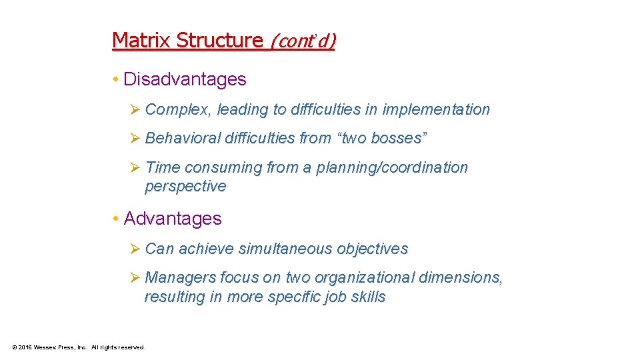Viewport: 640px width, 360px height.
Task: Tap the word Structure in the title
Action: coord(219,40)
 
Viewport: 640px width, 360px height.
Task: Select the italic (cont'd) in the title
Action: coord(303,41)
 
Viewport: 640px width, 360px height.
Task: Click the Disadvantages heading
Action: coord(185,79)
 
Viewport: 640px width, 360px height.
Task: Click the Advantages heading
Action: coord(173,219)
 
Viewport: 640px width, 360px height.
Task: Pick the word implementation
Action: coord(436,109)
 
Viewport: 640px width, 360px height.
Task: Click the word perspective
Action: coord(185,186)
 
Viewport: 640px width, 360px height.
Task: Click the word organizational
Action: coord(357,277)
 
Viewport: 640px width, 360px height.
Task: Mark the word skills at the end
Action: coord(368,297)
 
